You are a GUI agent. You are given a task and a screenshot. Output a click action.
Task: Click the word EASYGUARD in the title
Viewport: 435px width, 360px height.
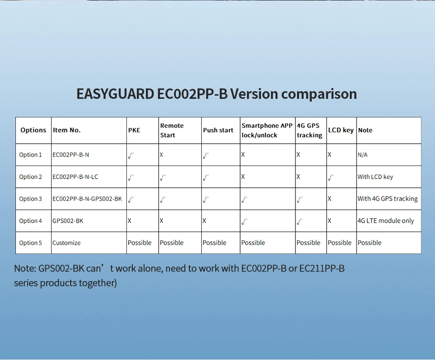pyautogui.click(x=115, y=94)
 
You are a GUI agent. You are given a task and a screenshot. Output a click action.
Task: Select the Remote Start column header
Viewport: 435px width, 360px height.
pyautogui.click(x=172, y=130)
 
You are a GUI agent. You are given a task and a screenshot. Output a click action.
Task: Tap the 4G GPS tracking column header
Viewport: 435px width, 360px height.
pyautogui.click(x=309, y=130)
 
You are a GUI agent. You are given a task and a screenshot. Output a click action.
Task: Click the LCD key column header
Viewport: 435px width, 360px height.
pyautogui.click(x=341, y=130)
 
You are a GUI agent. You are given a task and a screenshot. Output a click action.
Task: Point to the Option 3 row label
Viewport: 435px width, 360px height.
pyautogui.click(x=30, y=199)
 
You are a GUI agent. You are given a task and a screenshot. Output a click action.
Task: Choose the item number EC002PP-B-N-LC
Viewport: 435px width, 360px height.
pyautogui.click(x=75, y=177)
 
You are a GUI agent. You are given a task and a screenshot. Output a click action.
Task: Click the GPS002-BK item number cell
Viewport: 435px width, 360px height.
pyautogui.click(x=68, y=221)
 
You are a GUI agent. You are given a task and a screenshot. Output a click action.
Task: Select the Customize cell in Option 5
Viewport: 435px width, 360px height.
pyautogui.click(x=66, y=243)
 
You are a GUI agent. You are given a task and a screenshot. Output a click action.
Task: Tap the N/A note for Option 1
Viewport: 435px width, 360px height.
pyautogui.click(x=362, y=155)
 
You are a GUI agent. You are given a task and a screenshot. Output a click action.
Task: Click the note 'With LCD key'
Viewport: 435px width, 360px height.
pyautogui.click(x=375, y=177)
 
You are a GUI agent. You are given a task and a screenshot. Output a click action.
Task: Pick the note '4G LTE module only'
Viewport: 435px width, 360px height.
pyautogui.click(x=386, y=221)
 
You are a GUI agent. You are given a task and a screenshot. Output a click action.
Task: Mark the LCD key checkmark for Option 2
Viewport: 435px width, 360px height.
pyautogui.click(x=331, y=178)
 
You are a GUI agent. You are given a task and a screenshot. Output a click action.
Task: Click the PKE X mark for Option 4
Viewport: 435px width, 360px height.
pyautogui.click(x=130, y=221)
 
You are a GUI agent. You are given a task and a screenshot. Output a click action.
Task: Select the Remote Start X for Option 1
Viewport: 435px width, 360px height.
pyautogui.click(x=161, y=155)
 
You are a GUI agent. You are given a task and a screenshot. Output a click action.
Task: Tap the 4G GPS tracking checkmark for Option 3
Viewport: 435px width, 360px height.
pyautogui.click(x=300, y=200)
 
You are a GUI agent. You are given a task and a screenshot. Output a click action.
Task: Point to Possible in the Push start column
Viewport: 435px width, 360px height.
pyautogui.click(x=214, y=243)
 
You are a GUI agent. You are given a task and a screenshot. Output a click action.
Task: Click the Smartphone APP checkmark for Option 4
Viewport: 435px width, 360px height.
pyautogui.click(x=244, y=222)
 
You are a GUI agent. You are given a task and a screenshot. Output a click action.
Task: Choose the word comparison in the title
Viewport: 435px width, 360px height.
pyautogui.click(x=319, y=94)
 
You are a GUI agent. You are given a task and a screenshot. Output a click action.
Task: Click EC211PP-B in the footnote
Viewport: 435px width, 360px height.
pyautogui.click(x=322, y=268)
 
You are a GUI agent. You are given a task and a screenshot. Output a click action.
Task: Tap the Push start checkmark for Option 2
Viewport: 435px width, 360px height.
pyautogui.click(x=206, y=178)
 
